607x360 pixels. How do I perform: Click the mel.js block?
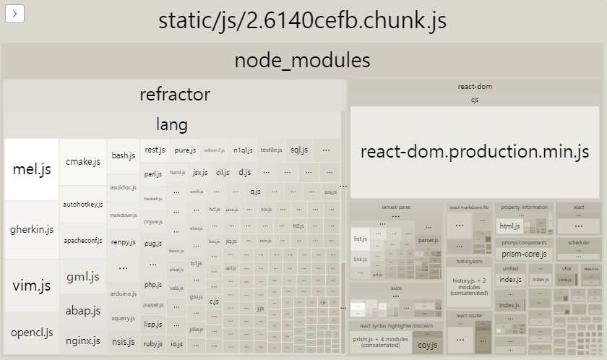(x=32, y=170)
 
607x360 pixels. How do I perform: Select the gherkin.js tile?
(x=32, y=230)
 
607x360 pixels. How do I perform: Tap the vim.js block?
(x=32, y=285)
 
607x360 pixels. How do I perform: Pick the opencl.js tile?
(x=32, y=333)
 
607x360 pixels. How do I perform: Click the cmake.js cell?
(x=83, y=161)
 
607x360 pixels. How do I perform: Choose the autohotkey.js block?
(x=83, y=205)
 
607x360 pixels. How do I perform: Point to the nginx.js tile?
(x=83, y=339)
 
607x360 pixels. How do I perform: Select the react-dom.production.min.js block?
(x=475, y=152)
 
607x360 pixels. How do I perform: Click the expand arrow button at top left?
(x=15, y=13)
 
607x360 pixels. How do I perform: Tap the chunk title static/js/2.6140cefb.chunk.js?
(x=303, y=20)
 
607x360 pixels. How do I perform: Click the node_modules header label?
(x=303, y=60)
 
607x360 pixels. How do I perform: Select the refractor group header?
(x=175, y=94)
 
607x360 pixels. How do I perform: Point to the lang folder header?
(x=172, y=124)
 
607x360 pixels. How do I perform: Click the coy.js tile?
(x=427, y=344)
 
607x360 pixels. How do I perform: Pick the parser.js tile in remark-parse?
(x=428, y=240)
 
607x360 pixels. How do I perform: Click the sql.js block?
(x=299, y=150)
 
